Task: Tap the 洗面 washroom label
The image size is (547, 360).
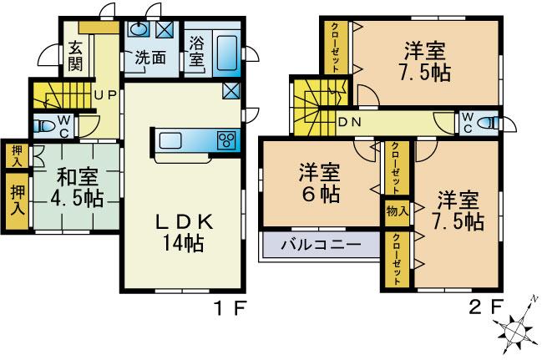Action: click(x=150, y=60)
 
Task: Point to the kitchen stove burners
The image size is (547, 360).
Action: click(x=227, y=140)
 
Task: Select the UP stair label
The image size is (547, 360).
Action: click(x=104, y=94)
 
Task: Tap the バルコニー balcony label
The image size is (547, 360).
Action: click(x=320, y=246)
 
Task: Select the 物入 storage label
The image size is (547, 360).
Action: click(x=397, y=211)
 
